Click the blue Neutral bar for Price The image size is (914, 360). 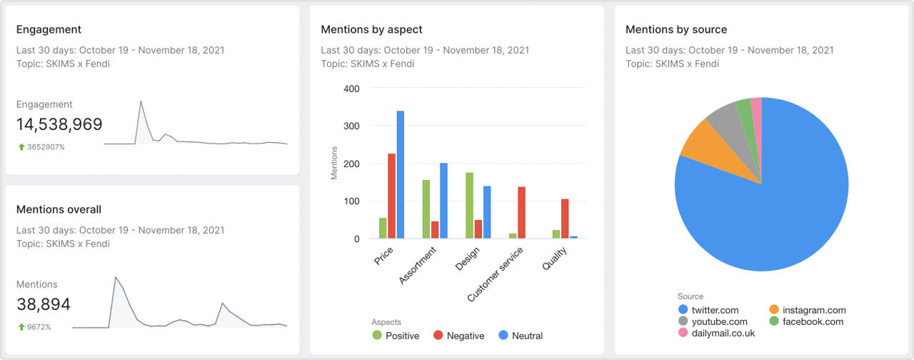click(x=401, y=175)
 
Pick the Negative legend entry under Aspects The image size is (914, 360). click(x=458, y=336)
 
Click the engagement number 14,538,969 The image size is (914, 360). click(x=59, y=124)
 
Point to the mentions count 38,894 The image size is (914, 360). click(x=44, y=305)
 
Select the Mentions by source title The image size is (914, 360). click(x=676, y=29)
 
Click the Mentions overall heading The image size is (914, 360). click(x=59, y=209)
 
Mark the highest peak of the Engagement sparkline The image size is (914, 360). click(x=141, y=101)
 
